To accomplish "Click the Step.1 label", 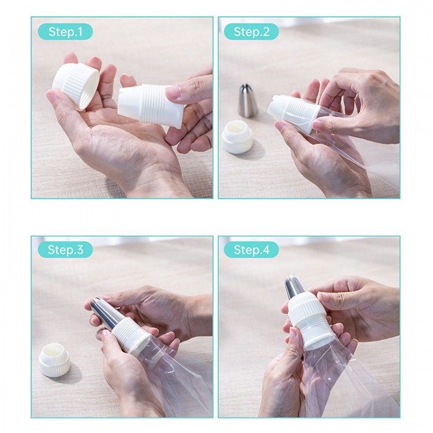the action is click(x=66, y=32).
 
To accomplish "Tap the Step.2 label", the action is click(x=251, y=32).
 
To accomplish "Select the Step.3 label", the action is click(x=66, y=250).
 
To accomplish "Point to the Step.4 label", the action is click(x=251, y=250).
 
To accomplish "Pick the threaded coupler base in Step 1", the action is click(x=152, y=106).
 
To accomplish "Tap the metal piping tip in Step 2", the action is click(x=247, y=101).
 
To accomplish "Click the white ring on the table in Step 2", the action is click(x=238, y=137).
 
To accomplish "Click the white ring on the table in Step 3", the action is click(x=54, y=360).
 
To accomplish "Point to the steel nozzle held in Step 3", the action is click(x=106, y=314).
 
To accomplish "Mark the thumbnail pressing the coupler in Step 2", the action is click(x=317, y=126).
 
